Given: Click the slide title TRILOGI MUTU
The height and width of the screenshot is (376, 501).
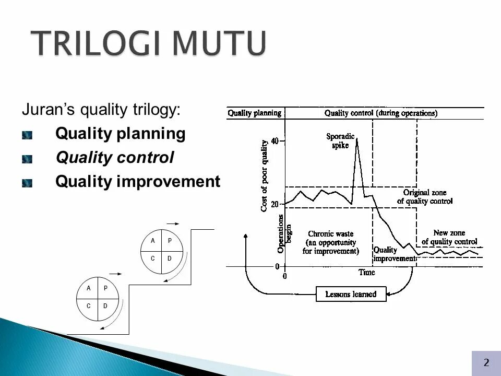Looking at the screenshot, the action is click(x=148, y=43).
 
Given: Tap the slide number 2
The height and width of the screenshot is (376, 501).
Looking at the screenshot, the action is click(x=486, y=362).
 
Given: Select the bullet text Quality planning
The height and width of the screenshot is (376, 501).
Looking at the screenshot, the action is click(x=120, y=134).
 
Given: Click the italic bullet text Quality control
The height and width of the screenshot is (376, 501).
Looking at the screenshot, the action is click(x=115, y=157).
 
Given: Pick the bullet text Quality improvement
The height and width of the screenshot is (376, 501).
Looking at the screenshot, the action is click(x=138, y=181).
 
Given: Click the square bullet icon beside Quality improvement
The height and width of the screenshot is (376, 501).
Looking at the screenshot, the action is click(x=27, y=183).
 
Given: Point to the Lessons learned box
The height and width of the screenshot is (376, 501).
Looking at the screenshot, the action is click(x=351, y=294).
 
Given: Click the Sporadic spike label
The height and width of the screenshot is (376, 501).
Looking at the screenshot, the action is click(x=340, y=140).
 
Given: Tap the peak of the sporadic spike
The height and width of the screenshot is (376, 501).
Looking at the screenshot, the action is click(x=357, y=138).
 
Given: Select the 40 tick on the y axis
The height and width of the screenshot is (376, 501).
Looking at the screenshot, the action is click(x=275, y=141).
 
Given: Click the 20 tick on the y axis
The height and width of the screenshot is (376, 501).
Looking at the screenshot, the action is click(x=275, y=204).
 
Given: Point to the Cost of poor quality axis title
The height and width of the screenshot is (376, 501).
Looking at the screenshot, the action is click(x=264, y=175).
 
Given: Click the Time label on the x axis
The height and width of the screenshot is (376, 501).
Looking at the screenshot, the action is click(x=366, y=273).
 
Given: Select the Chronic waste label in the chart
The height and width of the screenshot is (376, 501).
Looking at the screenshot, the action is click(x=331, y=242).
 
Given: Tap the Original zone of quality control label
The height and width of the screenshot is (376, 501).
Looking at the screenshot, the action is click(x=425, y=197).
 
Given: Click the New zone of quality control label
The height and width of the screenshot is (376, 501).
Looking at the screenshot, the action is click(x=449, y=237).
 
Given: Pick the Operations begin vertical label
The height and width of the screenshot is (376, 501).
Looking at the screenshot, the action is click(x=283, y=234).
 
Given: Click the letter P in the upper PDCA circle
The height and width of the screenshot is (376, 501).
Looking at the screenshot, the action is click(x=170, y=240).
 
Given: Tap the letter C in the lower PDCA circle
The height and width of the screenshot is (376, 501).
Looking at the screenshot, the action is click(x=89, y=306).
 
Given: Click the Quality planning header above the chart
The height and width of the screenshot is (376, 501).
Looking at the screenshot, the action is click(x=254, y=113).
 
